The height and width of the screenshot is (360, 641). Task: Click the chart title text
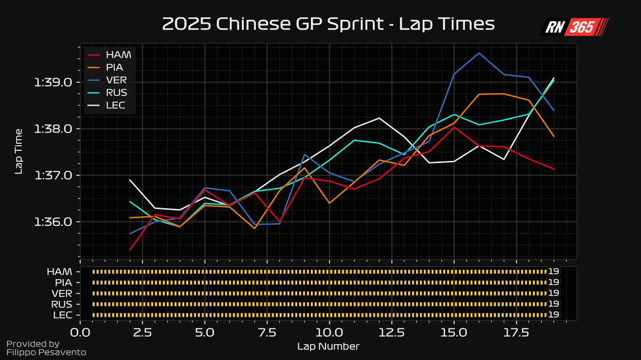click(x=327, y=25)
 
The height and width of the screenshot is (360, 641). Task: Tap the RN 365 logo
click(x=574, y=27)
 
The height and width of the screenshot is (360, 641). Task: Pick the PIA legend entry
click(x=116, y=67)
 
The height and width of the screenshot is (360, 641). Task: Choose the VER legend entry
click(x=116, y=80)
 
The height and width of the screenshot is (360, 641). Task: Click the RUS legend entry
click(x=116, y=93)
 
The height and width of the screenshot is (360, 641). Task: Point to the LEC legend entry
click(x=116, y=106)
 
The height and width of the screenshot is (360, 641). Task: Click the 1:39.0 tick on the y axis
click(x=57, y=83)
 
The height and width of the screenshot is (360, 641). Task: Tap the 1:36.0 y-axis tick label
click(x=57, y=222)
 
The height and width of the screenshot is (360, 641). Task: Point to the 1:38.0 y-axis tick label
click(x=57, y=129)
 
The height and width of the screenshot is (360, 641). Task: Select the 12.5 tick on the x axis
click(x=391, y=333)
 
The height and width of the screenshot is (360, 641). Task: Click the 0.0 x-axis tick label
click(x=80, y=333)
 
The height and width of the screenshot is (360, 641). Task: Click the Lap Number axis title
click(x=328, y=346)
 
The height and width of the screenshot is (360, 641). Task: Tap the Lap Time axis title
click(x=19, y=152)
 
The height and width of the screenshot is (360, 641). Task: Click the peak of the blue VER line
click(x=479, y=53)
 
